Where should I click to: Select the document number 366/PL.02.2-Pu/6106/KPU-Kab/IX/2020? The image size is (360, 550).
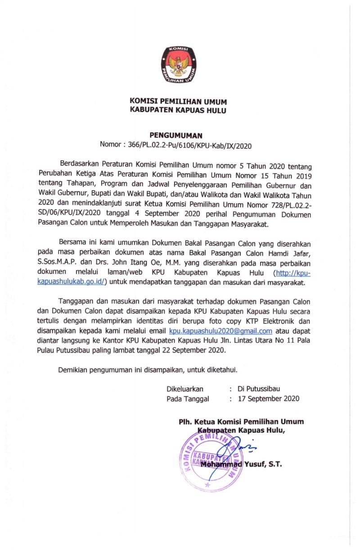189,146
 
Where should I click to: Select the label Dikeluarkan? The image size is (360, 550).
185,389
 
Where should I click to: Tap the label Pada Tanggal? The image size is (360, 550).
188,398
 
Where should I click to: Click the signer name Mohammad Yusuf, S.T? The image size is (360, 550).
241,464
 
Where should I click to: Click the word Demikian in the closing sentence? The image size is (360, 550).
73,370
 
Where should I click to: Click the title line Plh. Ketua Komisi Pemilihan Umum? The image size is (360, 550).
241,421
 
